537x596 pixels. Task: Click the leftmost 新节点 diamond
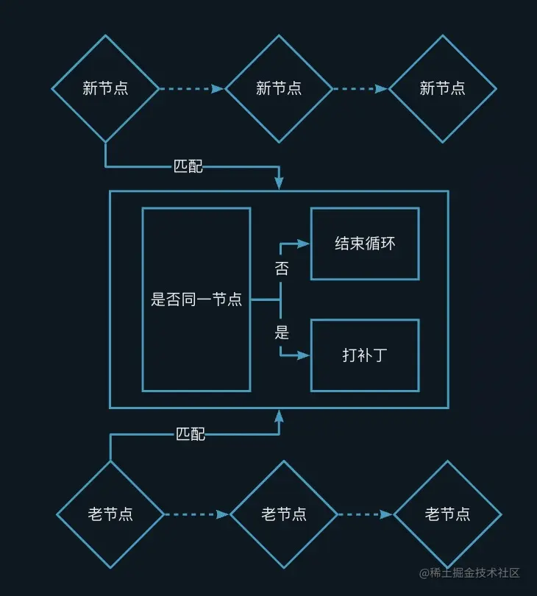(x=105, y=88)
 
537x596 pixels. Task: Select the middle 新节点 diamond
(x=279, y=88)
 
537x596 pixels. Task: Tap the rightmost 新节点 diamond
(x=442, y=88)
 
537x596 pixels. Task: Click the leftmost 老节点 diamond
(x=110, y=514)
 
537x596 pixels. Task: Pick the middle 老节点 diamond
(x=284, y=514)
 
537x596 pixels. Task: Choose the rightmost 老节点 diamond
(x=447, y=514)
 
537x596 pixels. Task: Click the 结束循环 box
(x=365, y=244)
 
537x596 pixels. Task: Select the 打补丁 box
(x=365, y=355)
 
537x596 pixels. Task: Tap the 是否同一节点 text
(x=196, y=299)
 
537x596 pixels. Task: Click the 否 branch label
(x=282, y=269)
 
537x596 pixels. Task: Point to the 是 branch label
(x=282, y=333)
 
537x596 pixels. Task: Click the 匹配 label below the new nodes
(x=188, y=166)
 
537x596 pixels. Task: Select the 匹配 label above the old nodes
(x=191, y=434)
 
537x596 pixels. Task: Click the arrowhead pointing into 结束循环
(x=305, y=244)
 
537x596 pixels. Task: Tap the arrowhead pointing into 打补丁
(x=305, y=355)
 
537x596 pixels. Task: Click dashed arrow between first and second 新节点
(x=191, y=89)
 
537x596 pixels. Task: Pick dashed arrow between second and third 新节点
(x=360, y=89)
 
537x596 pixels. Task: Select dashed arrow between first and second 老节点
(x=196, y=514)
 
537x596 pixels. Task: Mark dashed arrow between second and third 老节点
(x=365, y=514)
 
